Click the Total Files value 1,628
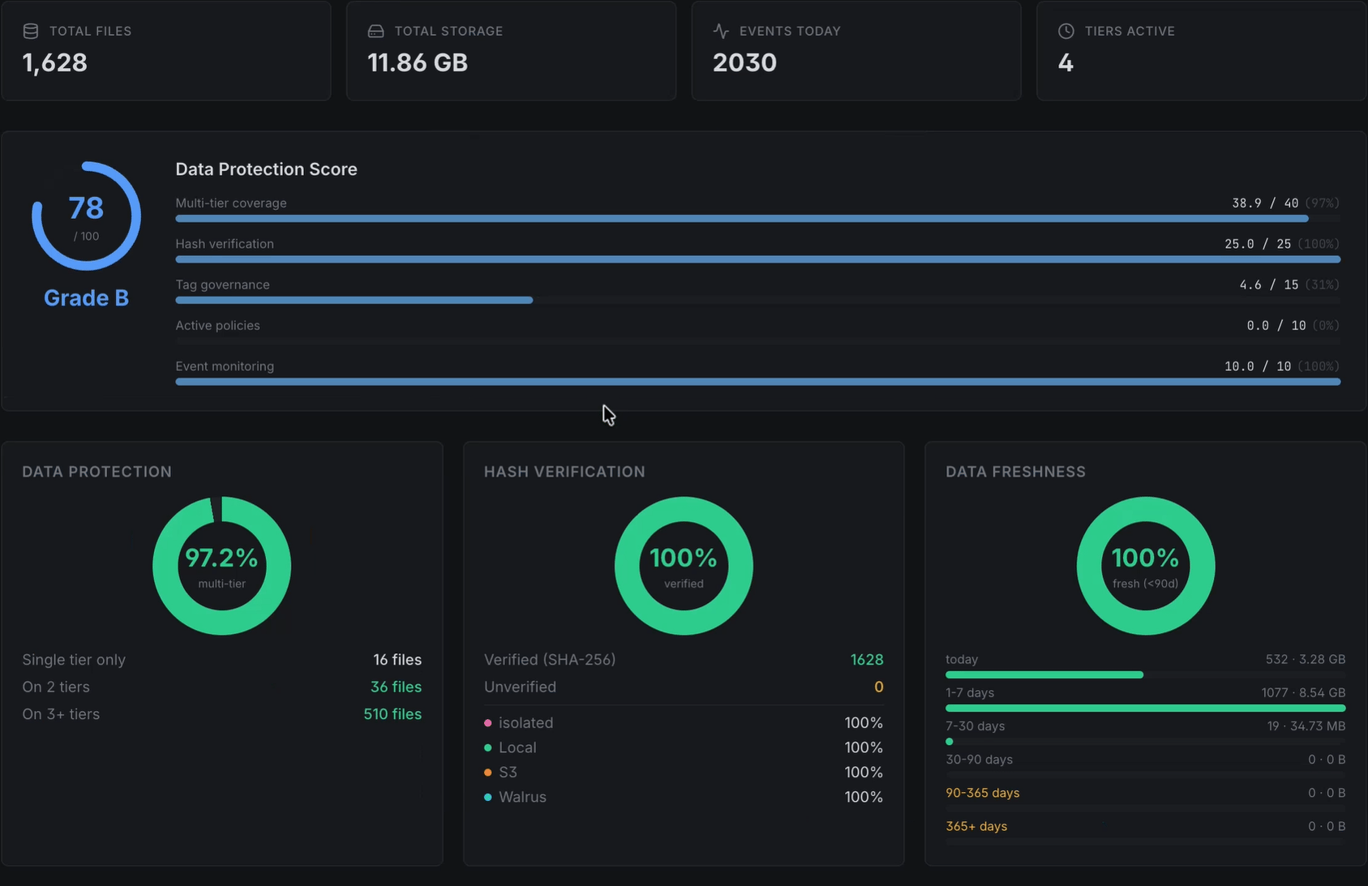coord(55,63)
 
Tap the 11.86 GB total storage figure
coord(418,63)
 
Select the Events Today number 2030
coord(744,63)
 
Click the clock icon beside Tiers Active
coord(1066,31)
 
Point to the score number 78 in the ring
coord(86,208)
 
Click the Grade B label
coord(86,298)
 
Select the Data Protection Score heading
coord(266,169)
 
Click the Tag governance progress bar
coord(354,300)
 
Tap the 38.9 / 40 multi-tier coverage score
coord(1265,203)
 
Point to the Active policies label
coord(217,325)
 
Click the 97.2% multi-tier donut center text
coord(221,558)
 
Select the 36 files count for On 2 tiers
coord(396,687)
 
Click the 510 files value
coord(392,714)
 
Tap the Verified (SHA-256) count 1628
coord(867,660)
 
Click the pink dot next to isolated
coord(487,723)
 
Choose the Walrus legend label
coord(522,797)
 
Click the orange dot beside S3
coord(487,773)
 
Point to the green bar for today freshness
coord(1044,674)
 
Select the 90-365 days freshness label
coord(982,793)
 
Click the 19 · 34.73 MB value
coord(1306,726)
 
